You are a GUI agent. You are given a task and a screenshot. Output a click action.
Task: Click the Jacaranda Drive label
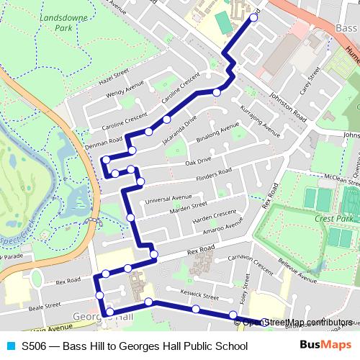coord(179,131)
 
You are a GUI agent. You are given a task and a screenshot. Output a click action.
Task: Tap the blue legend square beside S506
coord(9,346)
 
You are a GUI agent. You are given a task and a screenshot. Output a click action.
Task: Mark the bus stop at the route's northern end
coord(253,18)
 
